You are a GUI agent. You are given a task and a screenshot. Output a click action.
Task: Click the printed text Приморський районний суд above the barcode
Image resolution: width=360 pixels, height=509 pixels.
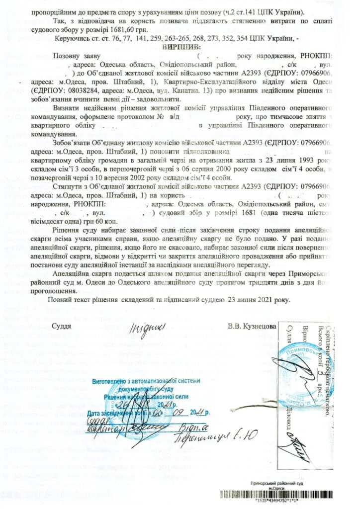tap(276, 484)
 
